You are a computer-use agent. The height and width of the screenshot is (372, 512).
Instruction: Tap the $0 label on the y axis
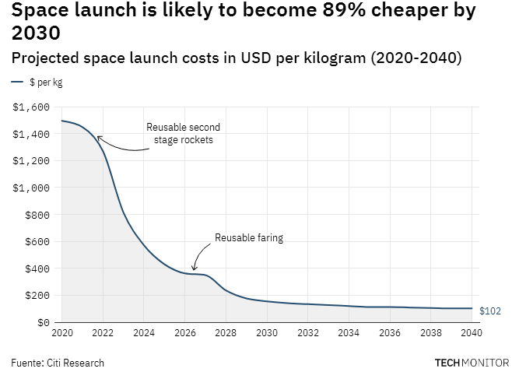(44, 322)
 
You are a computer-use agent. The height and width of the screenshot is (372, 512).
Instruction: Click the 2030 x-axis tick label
(267, 333)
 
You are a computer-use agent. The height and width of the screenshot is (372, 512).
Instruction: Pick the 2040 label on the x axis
(472, 333)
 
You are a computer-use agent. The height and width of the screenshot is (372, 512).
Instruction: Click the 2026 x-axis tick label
(184, 333)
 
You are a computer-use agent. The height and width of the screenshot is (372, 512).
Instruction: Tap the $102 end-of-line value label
(489, 311)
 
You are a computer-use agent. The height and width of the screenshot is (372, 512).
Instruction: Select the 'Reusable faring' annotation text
(249, 238)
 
